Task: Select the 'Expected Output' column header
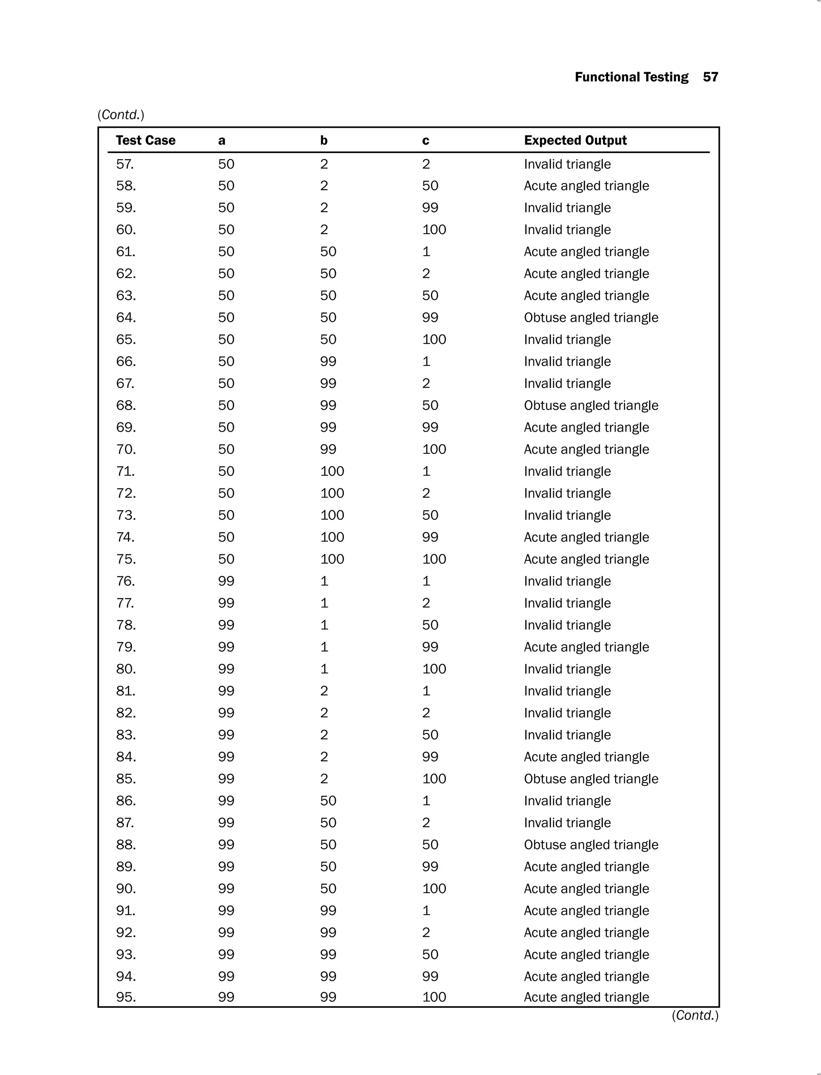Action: (x=575, y=140)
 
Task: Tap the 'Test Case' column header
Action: (x=145, y=140)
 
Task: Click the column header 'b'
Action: (x=324, y=141)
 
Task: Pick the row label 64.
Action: (x=125, y=317)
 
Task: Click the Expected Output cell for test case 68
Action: (x=590, y=406)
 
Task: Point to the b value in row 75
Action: (x=332, y=559)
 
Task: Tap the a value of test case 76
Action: (x=226, y=581)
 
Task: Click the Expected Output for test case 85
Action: (x=590, y=779)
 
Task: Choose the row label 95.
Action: (x=125, y=997)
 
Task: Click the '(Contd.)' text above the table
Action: (x=121, y=115)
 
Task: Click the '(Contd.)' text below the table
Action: (x=694, y=1015)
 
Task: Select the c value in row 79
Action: (x=430, y=647)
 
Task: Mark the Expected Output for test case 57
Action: (x=567, y=164)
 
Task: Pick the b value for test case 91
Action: (x=328, y=910)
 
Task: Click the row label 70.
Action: (x=125, y=450)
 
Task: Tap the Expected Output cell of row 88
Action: (x=590, y=845)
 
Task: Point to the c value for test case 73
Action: (x=430, y=515)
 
